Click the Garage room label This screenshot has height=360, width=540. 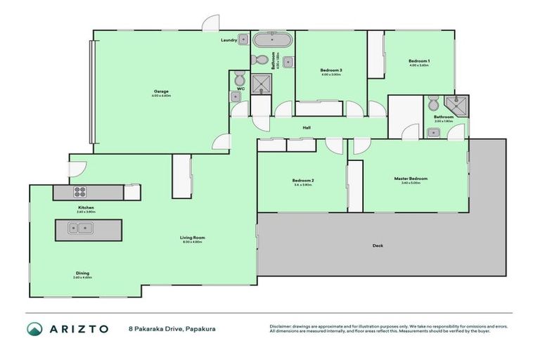(x=160, y=91)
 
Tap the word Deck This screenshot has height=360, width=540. (x=378, y=245)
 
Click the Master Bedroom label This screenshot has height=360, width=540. (x=410, y=179)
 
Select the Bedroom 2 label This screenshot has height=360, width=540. (x=303, y=181)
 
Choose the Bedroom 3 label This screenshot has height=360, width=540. (x=330, y=70)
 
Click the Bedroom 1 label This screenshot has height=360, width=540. (x=419, y=62)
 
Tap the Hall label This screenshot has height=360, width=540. (x=307, y=127)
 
